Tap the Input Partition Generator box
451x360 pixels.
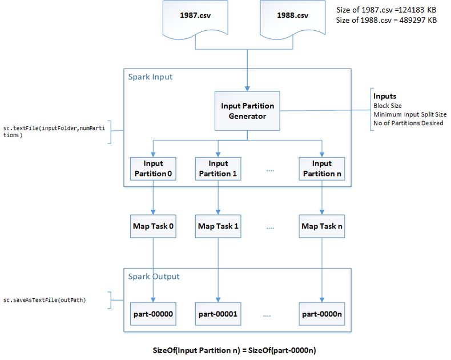click(x=247, y=110)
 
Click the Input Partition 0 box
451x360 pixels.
click(x=153, y=169)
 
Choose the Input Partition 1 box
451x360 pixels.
click(x=218, y=169)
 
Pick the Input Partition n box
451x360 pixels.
click(x=322, y=169)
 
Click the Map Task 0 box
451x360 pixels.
click(x=153, y=226)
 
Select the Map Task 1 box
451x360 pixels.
click(x=218, y=226)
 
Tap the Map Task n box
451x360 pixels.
click(x=322, y=226)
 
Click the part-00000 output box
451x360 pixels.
click(x=153, y=314)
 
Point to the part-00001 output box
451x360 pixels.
click(x=218, y=314)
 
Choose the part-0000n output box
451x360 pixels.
click(x=322, y=314)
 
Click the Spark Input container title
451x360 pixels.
click(x=150, y=77)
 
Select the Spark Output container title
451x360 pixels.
click(x=154, y=277)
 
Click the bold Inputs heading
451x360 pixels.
click(x=384, y=97)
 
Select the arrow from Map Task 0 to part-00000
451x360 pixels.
click(x=153, y=269)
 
